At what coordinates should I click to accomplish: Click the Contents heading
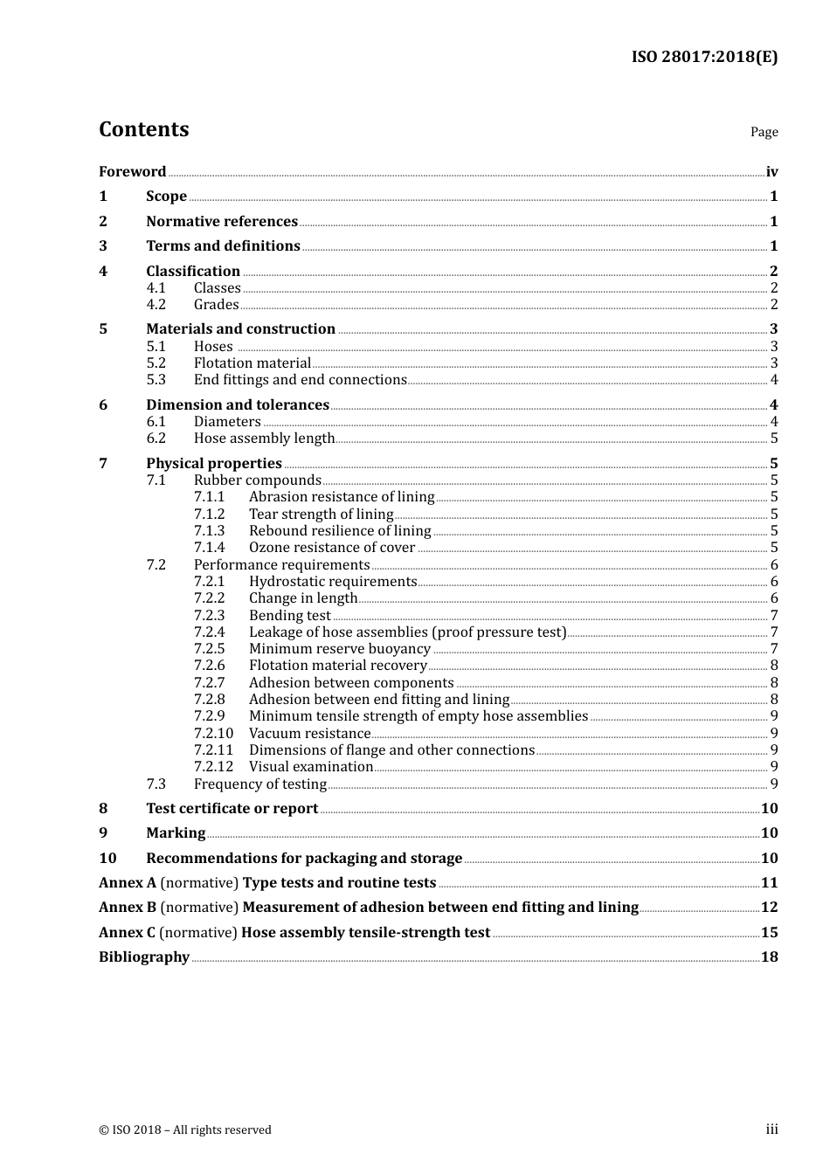click(x=143, y=129)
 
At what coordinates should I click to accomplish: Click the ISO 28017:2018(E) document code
click(x=704, y=57)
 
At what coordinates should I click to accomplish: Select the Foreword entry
click(x=132, y=172)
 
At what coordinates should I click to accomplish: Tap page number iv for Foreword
click(x=771, y=172)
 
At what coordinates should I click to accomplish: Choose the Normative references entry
click(x=222, y=222)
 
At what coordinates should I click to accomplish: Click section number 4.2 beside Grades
click(x=156, y=305)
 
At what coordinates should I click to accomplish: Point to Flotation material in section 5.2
click(x=252, y=363)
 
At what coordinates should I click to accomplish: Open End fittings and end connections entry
click(x=300, y=380)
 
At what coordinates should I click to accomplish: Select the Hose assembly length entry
click(x=264, y=439)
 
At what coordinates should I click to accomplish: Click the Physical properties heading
click(x=214, y=464)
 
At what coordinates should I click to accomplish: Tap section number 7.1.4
click(x=209, y=548)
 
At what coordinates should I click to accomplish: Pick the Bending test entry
click(x=289, y=616)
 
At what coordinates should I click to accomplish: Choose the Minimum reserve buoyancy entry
click(x=339, y=649)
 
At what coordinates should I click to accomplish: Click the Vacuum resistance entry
click(x=309, y=734)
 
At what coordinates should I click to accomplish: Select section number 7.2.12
click(x=213, y=767)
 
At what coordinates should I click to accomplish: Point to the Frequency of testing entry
click(x=259, y=784)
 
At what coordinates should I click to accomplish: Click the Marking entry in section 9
click(x=176, y=833)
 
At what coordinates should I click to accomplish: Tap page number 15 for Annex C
click(x=769, y=933)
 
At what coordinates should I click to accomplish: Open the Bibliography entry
click(x=144, y=957)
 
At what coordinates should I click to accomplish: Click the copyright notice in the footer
click(x=185, y=1130)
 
